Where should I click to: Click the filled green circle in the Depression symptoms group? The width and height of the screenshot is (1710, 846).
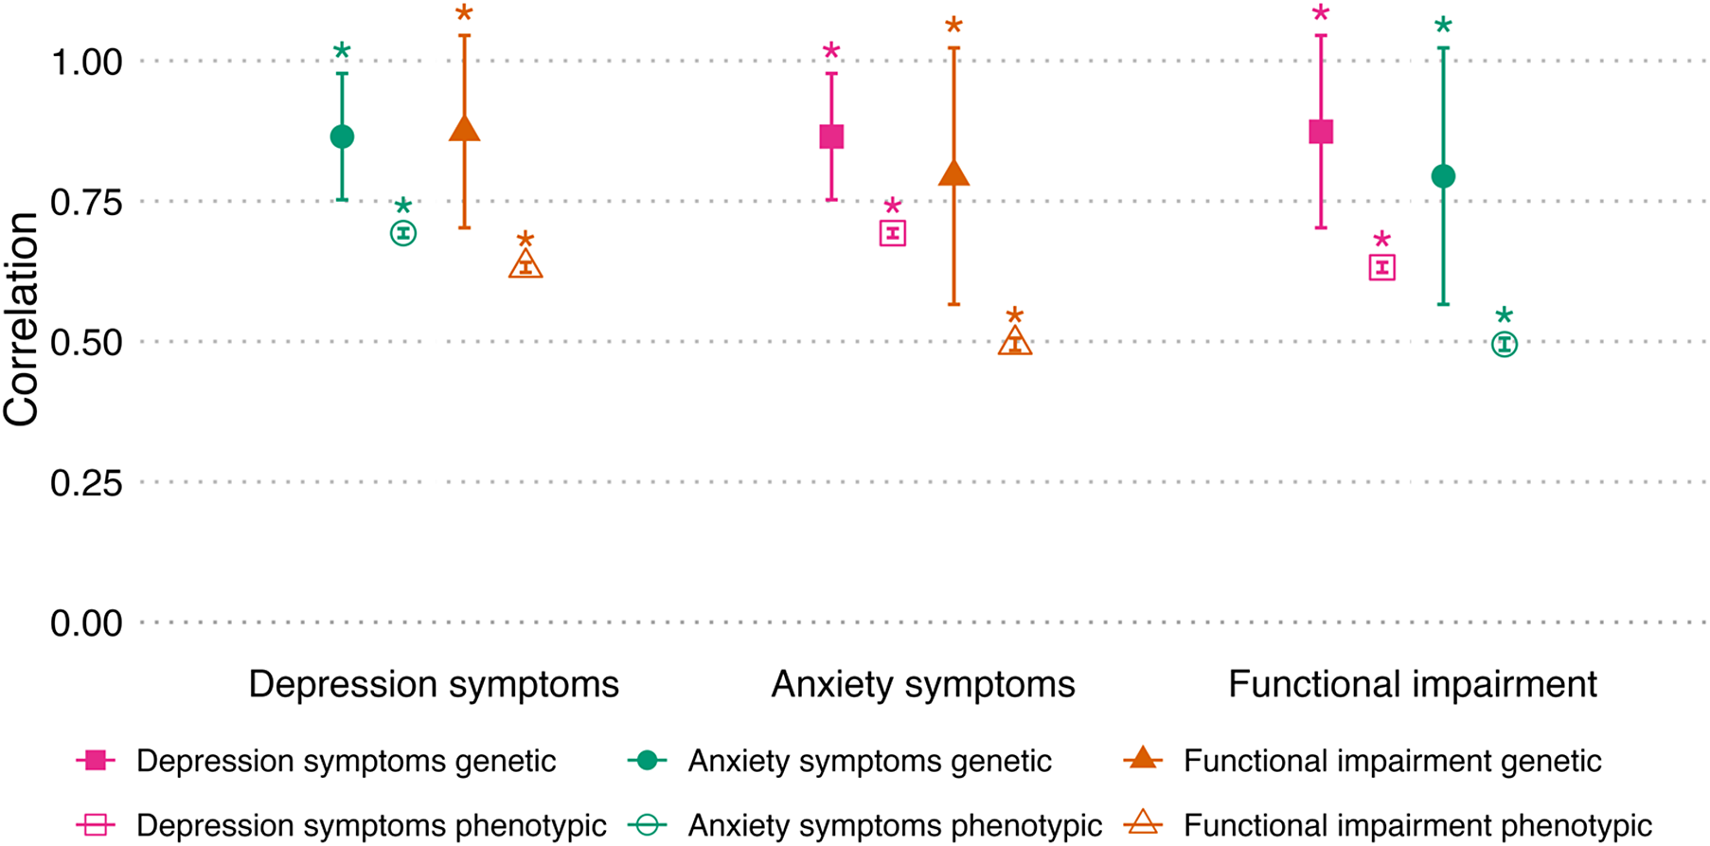coord(342,136)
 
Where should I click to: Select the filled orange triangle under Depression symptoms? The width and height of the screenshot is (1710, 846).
coord(464,130)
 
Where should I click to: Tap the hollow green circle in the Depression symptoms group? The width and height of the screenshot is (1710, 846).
coord(403,233)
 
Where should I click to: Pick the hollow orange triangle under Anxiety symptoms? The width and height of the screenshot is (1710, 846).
coord(1015,342)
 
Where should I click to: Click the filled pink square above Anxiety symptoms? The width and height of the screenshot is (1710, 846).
coord(831,136)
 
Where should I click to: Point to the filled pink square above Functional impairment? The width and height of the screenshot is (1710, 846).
coord(1321,132)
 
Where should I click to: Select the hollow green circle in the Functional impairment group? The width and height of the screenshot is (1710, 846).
coord(1505,344)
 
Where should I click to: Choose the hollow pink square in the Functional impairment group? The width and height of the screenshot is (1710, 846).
coord(1382,268)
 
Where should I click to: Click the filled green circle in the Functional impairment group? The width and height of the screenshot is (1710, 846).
coord(1443,176)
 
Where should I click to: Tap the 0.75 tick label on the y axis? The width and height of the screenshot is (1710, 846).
coord(86,203)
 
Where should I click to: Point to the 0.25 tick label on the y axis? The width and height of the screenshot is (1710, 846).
coord(86,483)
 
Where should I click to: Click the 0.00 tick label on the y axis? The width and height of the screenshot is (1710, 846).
coord(86,623)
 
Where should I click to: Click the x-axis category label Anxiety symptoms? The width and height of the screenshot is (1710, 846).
coord(923,684)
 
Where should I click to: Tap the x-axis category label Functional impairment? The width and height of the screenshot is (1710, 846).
coord(1412,684)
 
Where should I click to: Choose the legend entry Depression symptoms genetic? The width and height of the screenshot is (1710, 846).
coord(346,761)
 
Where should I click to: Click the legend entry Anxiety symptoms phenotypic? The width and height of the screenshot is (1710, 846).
coord(894,825)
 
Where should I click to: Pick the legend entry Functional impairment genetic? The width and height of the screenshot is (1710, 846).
coord(1392,761)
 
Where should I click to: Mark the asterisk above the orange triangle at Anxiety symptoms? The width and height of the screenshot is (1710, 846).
coord(953,27)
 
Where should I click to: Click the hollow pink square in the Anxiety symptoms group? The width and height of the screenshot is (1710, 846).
coord(893,233)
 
